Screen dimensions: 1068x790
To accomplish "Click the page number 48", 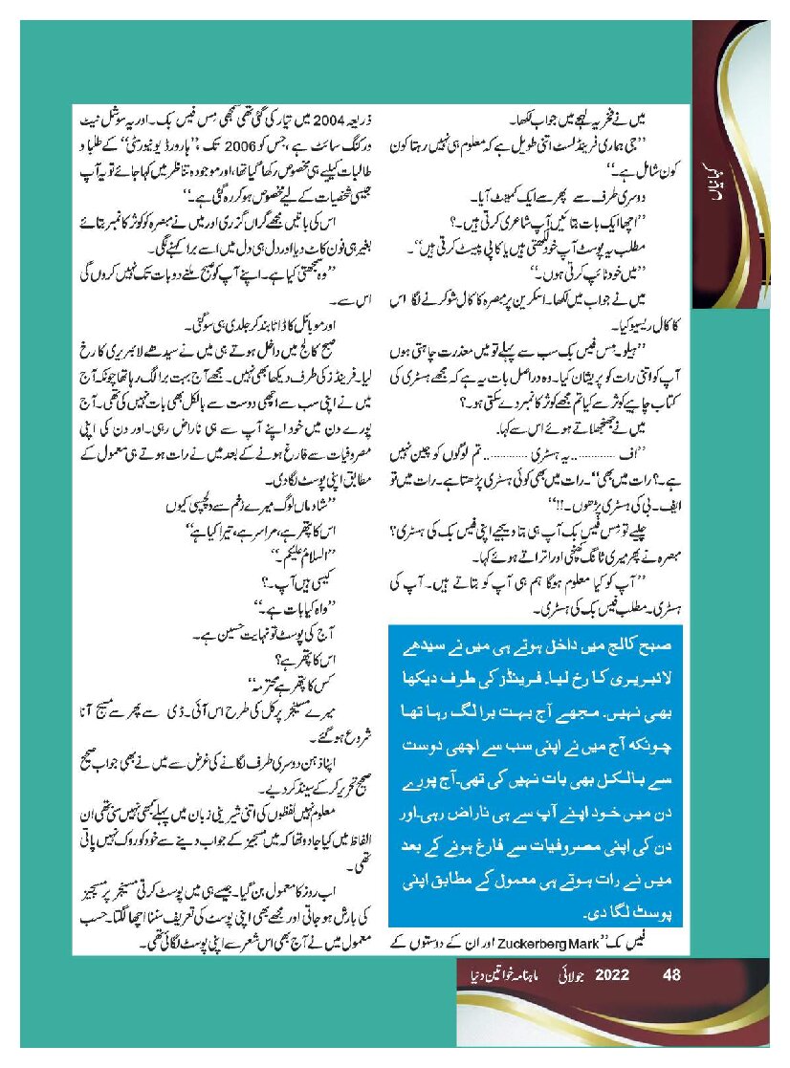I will (x=670, y=975).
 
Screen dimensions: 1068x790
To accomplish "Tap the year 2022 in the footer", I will (x=612, y=975).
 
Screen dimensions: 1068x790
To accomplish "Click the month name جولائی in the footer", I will (x=566, y=975).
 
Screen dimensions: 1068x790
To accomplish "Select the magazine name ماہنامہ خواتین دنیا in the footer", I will (x=498, y=975).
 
